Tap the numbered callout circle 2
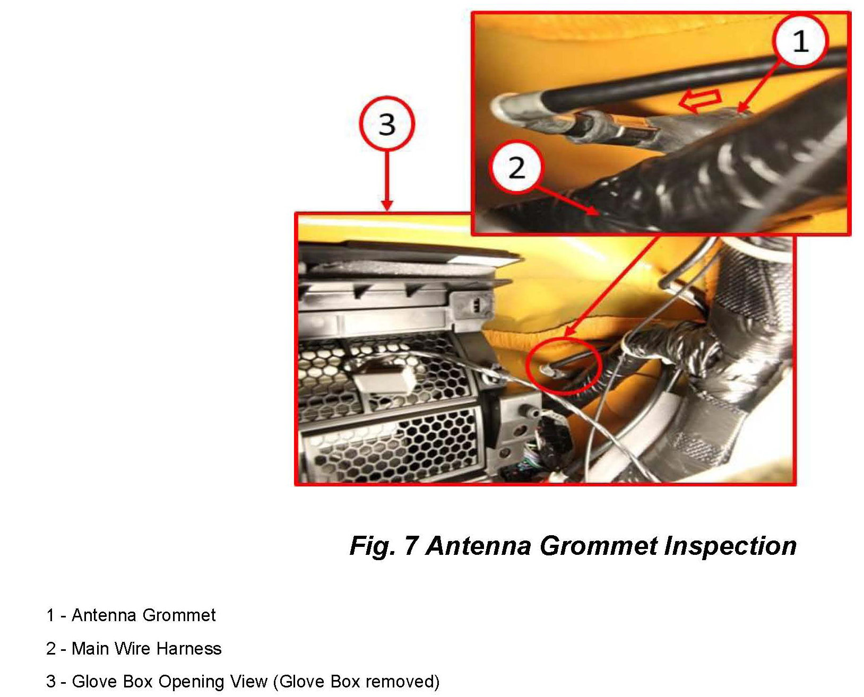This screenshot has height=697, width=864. (x=515, y=167)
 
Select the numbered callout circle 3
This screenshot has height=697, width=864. (x=387, y=124)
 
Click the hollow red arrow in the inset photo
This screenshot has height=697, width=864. (x=701, y=100)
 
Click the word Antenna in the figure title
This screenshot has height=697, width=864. (x=479, y=546)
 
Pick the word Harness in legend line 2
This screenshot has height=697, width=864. (x=188, y=648)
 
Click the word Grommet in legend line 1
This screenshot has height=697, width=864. (x=179, y=615)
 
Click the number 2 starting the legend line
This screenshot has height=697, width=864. (x=51, y=648)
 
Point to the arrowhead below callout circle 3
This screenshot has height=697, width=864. (x=387, y=205)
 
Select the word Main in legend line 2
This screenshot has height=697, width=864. (x=90, y=648)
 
